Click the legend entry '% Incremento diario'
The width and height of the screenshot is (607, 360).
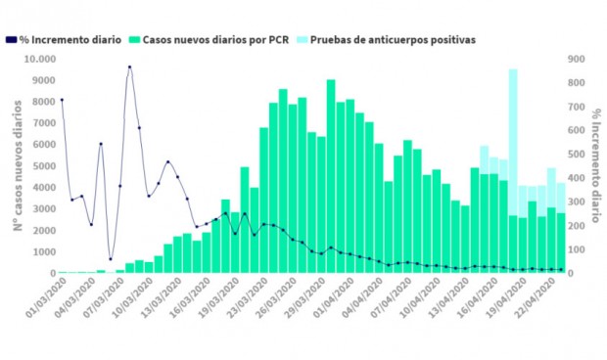tap(69, 40)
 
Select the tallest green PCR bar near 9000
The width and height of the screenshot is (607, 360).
tap(331, 176)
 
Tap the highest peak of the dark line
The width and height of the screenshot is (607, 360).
tap(129, 67)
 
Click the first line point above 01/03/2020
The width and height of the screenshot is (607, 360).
tap(62, 100)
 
